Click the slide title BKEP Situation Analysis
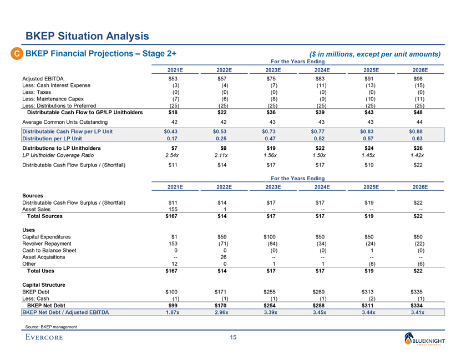point(88,37)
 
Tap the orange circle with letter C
point(18,54)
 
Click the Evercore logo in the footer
point(44,337)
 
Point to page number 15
point(232,338)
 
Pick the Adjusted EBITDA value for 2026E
point(419,79)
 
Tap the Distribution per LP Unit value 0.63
point(419,138)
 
